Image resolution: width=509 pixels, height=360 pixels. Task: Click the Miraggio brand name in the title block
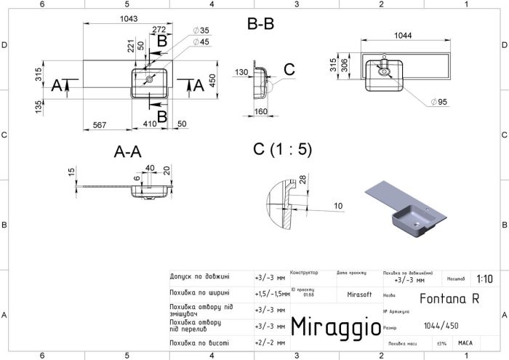click(x=336, y=327)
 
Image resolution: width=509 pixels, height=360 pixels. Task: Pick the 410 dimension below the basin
click(x=150, y=124)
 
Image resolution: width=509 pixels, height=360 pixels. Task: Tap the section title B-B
click(x=260, y=24)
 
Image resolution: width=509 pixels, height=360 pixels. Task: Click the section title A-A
click(x=127, y=153)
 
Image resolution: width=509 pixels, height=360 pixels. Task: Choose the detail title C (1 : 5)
click(x=281, y=150)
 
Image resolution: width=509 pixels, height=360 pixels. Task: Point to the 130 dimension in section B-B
click(x=242, y=72)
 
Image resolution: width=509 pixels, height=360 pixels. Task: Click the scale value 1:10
click(x=484, y=279)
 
